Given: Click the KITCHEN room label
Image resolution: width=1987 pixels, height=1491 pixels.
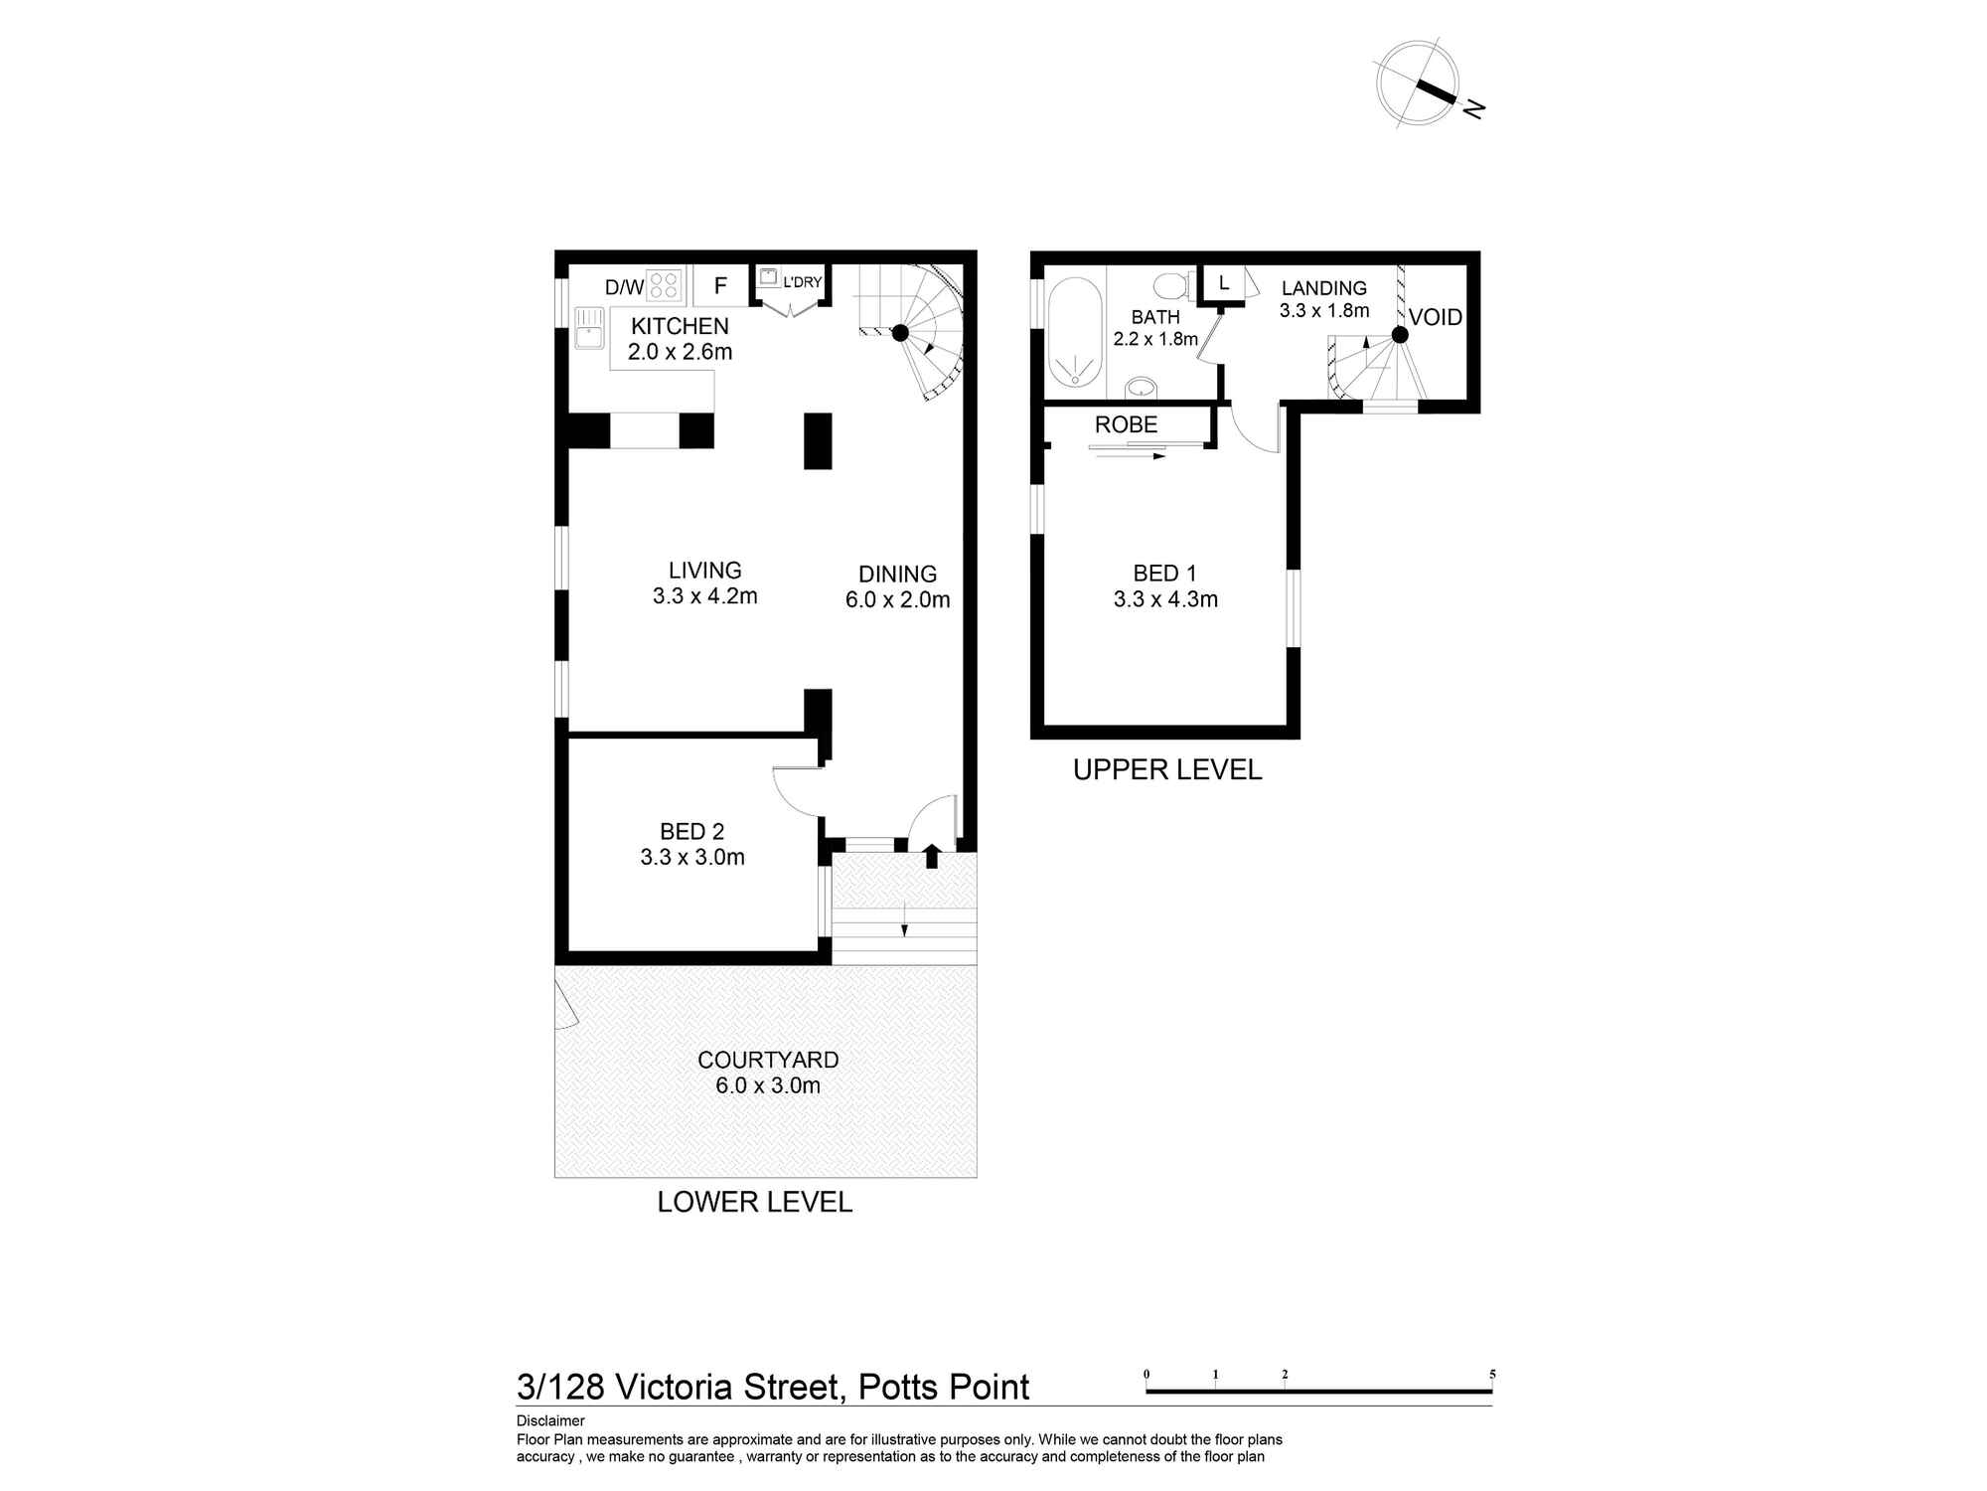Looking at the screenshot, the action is pos(680,326).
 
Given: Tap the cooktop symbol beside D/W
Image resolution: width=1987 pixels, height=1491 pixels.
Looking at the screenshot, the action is pos(664,285).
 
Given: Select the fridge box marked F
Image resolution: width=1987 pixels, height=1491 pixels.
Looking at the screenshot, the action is pos(720,286).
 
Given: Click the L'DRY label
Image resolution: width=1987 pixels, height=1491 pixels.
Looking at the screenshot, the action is pos(802,282).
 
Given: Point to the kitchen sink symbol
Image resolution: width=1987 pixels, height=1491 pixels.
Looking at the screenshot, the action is pos(589,327).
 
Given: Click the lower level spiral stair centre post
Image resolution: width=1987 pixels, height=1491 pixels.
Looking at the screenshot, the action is pos(900,333).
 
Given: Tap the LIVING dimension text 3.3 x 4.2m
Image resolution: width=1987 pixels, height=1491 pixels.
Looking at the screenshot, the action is pos(704,596).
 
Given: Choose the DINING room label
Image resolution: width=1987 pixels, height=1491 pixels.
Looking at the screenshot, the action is pos(897,574).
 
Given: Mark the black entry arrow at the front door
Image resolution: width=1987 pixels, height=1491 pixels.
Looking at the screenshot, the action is pos(931,856).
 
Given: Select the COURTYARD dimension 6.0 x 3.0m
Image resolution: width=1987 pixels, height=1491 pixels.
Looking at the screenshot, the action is pos(768,1085).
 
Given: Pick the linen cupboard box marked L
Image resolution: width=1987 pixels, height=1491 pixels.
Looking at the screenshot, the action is pos(1223,282).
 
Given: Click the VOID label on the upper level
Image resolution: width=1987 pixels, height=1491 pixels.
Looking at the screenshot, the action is pos(1436,317).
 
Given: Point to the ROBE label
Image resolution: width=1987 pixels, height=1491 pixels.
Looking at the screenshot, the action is pos(1126,424).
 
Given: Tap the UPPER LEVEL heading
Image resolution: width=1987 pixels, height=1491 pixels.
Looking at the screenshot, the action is pos(1167,769).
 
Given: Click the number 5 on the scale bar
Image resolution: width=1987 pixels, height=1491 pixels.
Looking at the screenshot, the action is pos(1492,1375).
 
